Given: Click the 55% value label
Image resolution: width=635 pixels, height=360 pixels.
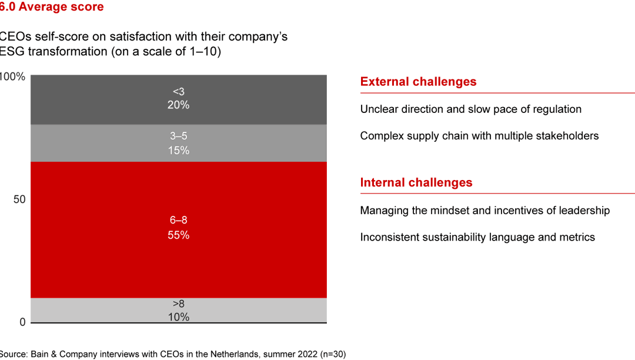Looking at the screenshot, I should tap(179, 235).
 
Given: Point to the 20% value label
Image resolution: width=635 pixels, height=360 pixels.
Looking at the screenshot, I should tap(179, 105).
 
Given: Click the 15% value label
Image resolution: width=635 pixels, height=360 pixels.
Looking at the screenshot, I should tap(179, 151).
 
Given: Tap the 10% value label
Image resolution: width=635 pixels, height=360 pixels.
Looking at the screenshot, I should tap(179, 317).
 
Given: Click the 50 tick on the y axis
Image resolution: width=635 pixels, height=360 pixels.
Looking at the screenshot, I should tap(19, 199).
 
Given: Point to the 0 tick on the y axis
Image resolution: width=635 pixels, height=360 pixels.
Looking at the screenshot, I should tap(22, 322).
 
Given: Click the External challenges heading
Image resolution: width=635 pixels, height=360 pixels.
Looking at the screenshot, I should tap(418, 82).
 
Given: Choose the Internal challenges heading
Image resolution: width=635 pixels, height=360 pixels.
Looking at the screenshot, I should tap(416, 182).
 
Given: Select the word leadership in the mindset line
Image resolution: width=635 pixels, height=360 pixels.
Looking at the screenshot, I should tap(582, 211).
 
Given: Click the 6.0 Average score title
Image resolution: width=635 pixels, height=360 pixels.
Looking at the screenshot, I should tap(52, 7).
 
